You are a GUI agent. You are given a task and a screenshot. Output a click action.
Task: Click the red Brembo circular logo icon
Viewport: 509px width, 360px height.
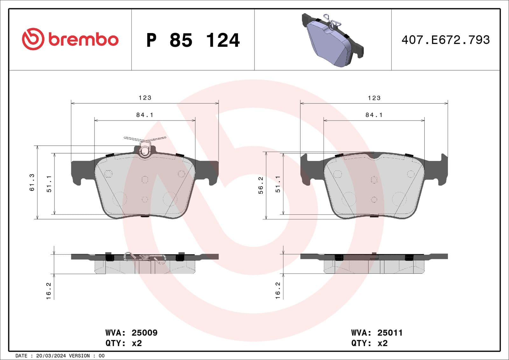(x=33, y=39)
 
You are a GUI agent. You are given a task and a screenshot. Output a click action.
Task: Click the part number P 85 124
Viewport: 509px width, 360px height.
(x=193, y=40)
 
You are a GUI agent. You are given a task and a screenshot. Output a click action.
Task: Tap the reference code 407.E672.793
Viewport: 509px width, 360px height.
(x=445, y=40)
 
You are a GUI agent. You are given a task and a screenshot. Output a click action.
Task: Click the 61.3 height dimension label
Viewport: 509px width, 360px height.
(x=32, y=183)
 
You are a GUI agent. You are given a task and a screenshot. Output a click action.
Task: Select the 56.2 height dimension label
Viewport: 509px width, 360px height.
(x=261, y=185)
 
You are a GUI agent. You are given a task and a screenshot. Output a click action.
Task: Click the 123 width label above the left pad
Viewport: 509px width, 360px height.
(x=145, y=98)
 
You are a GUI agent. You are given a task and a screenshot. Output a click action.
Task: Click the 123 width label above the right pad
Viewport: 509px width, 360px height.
(x=374, y=98)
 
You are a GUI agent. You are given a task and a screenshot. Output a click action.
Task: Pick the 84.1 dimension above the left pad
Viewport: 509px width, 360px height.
(x=145, y=115)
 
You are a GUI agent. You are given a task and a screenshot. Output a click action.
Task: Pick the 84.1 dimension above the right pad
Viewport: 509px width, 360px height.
(x=374, y=115)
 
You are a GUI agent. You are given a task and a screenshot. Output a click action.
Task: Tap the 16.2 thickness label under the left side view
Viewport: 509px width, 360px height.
(x=49, y=291)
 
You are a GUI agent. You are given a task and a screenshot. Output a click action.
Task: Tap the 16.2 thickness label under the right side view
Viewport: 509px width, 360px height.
(x=278, y=291)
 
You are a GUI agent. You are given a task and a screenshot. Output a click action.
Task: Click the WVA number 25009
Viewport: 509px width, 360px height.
(x=144, y=333)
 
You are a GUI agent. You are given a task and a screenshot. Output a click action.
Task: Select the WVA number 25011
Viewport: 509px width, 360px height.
(x=390, y=333)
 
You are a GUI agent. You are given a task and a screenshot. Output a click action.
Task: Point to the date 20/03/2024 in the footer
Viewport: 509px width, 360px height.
(x=51, y=356)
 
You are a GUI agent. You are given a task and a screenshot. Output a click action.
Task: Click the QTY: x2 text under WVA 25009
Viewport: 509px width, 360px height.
(x=123, y=343)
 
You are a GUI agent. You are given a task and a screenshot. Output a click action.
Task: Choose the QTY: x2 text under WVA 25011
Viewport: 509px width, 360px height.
(x=369, y=343)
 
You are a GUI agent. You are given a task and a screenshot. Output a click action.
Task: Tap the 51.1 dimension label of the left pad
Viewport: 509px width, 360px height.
(x=49, y=184)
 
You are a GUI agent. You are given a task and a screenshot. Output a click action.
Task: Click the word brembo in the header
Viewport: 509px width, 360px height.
(x=83, y=39)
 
